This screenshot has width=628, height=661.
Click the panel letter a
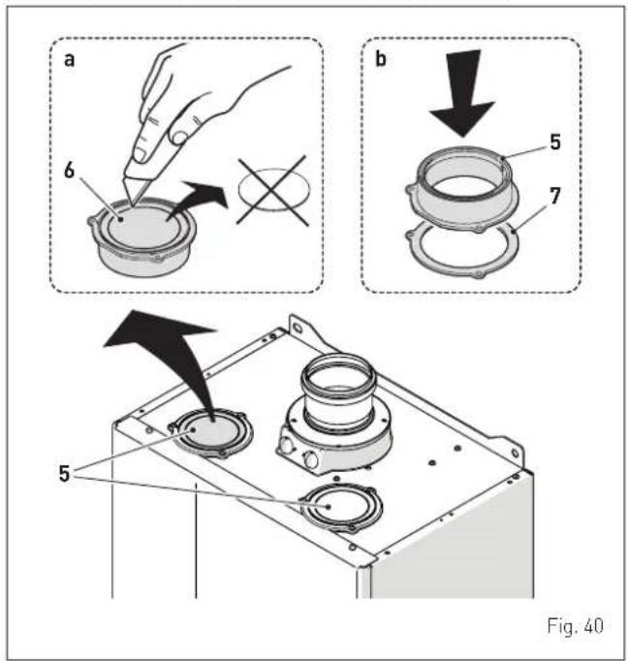(x=69, y=59)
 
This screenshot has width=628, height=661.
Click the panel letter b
(x=380, y=58)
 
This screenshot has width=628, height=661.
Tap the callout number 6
(x=69, y=171)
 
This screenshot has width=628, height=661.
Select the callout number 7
(x=555, y=196)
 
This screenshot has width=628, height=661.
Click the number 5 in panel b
(x=555, y=142)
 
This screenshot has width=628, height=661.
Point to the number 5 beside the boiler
(x=64, y=473)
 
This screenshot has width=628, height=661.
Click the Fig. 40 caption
(x=575, y=625)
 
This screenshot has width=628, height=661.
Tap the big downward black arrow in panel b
(x=462, y=93)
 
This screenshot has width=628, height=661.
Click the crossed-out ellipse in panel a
(x=273, y=190)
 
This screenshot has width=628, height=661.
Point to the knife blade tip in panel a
(x=132, y=205)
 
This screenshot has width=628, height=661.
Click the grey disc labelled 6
(x=143, y=227)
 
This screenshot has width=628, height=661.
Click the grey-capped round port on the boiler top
(x=211, y=433)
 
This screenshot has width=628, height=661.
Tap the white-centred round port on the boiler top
(x=341, y=507)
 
